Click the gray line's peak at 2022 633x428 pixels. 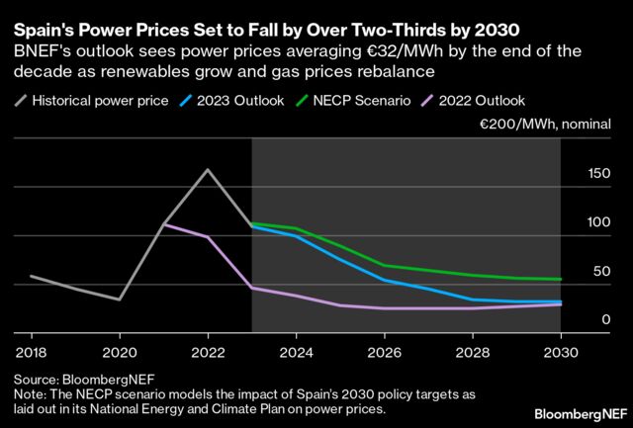point(208,169)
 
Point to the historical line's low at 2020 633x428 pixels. point(119,300)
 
